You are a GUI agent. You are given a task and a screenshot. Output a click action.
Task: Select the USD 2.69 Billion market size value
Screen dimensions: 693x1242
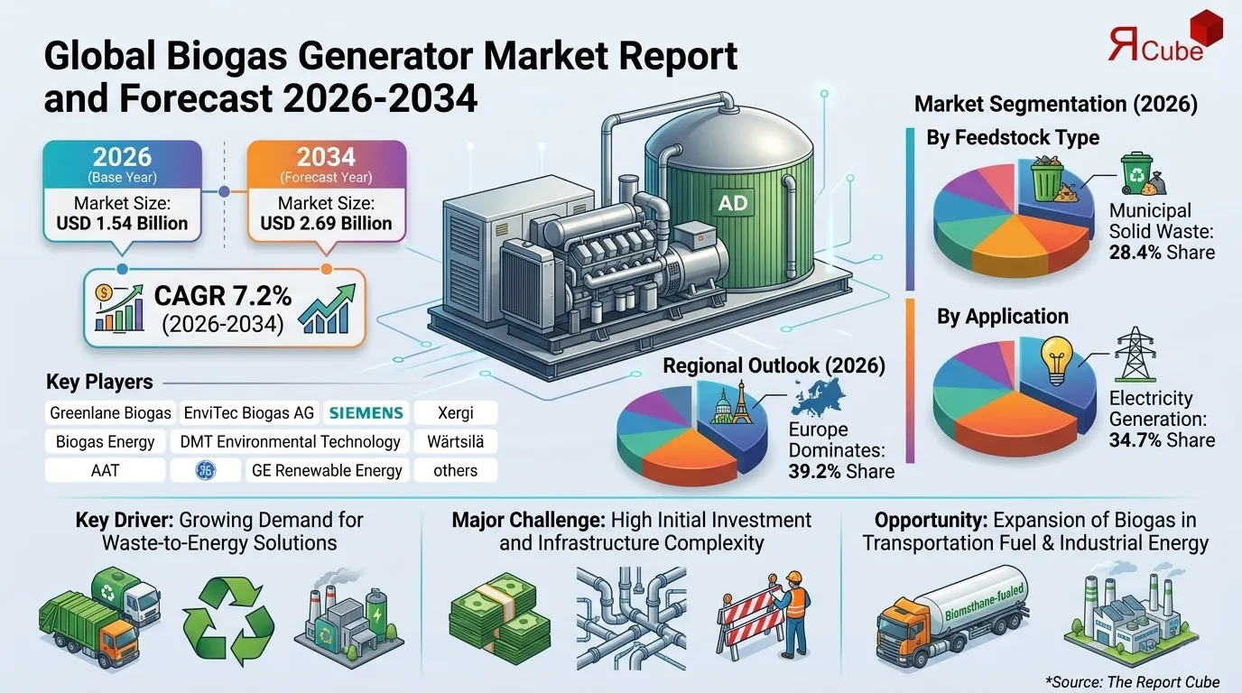coord(326,223)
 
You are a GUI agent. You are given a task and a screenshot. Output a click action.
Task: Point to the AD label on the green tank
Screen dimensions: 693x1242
coord(732,203)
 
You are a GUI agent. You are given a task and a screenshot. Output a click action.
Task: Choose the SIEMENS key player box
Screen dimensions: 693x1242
coord(366,413)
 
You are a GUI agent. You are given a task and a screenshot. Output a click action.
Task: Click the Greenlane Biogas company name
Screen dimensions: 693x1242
coord(110,413)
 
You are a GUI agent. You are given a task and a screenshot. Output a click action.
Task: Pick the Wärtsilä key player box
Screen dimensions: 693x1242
coord(456,442)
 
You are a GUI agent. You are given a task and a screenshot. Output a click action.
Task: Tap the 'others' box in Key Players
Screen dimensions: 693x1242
coord(456,470)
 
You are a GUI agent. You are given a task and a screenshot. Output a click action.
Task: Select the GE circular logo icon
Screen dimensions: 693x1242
coord(206,470)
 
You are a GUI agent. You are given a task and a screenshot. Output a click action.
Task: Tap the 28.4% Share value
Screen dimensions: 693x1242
coord(1162,253)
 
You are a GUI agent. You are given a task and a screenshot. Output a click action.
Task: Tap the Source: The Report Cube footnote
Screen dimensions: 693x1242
coord(1132,681)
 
